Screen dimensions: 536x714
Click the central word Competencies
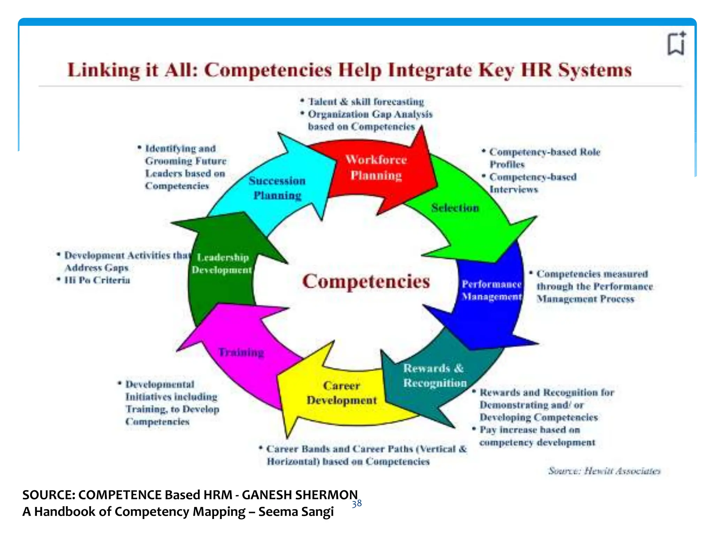coord(366,281)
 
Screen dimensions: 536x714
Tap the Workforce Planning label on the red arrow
coord(376,167)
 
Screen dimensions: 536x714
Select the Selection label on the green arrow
coord(455,208)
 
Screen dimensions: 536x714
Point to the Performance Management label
coord(492,290)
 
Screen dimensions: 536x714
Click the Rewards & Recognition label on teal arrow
coord(434,375)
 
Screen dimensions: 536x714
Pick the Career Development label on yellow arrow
coord(342,393)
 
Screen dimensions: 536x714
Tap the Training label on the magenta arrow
coord(241,352)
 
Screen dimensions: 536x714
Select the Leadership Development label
coord(222,264)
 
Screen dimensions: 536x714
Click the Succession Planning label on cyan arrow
coord(277,188)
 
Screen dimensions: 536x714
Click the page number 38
coord(357,504)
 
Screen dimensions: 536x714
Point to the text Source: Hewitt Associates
coord(604,471)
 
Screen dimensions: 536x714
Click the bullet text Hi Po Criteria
coord(97,280)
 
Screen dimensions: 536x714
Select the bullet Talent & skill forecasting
coord(366,102)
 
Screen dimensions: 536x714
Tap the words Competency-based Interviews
coord(532,183)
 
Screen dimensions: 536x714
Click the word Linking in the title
coord(103,70)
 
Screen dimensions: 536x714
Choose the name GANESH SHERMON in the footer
coord(299,495)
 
